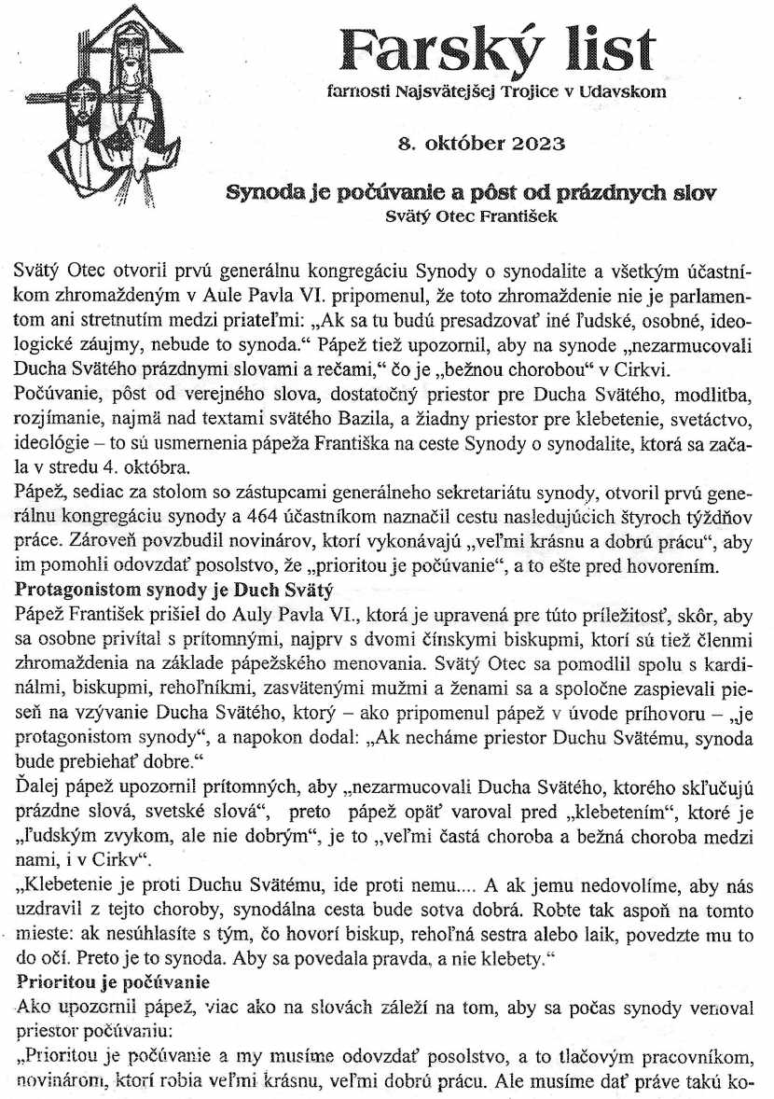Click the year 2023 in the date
click(533, 144)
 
